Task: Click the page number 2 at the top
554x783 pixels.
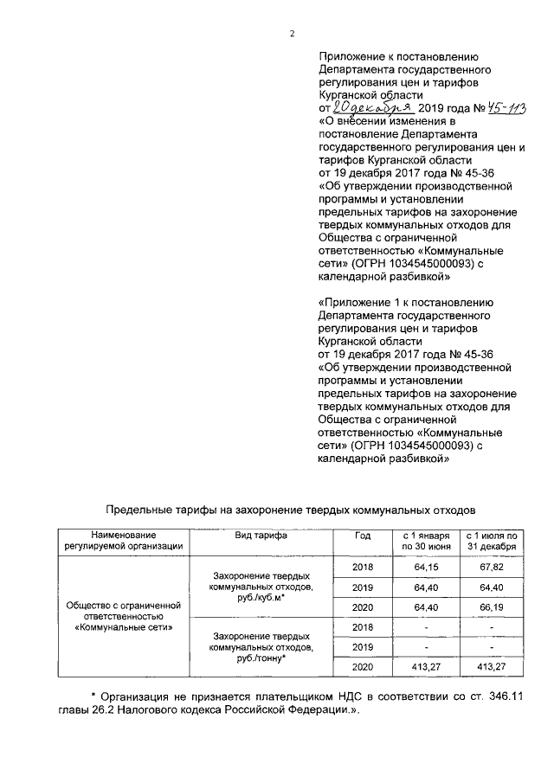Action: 292,34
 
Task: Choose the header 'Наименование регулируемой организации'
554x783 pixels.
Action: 122,540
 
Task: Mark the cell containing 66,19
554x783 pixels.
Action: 491,607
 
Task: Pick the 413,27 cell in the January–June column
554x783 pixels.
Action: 425,667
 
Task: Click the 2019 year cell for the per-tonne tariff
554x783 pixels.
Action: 363,646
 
